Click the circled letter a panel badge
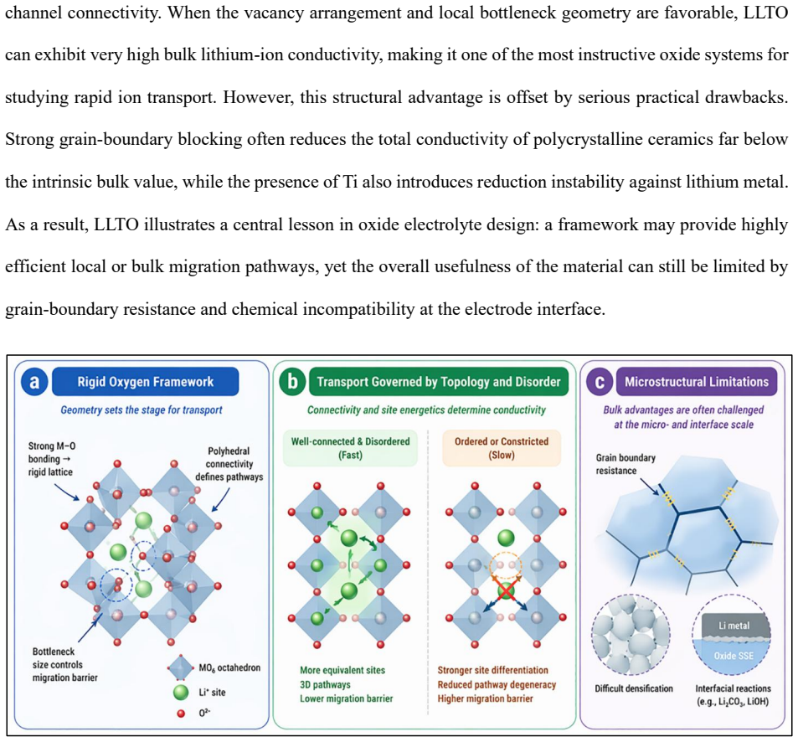[34, 382]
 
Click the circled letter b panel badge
[292, 382]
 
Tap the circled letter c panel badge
[600, 382]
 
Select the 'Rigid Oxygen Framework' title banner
[146, 382]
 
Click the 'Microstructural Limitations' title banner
[697, 382]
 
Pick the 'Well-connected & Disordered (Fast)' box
[350, 448]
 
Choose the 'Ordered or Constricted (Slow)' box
[502, 448]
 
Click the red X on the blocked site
[506, 591]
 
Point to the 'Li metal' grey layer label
[734, 626]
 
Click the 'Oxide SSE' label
[734, 656]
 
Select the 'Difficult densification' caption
[634, 688]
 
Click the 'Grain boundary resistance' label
[626, 464]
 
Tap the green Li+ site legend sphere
[181, 692]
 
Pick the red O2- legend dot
[181, 714]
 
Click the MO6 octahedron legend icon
[181, 667]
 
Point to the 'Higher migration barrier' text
[485, 698]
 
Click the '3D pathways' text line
[325, 684]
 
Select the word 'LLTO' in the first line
[766, 13]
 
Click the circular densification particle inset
[631, 635]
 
